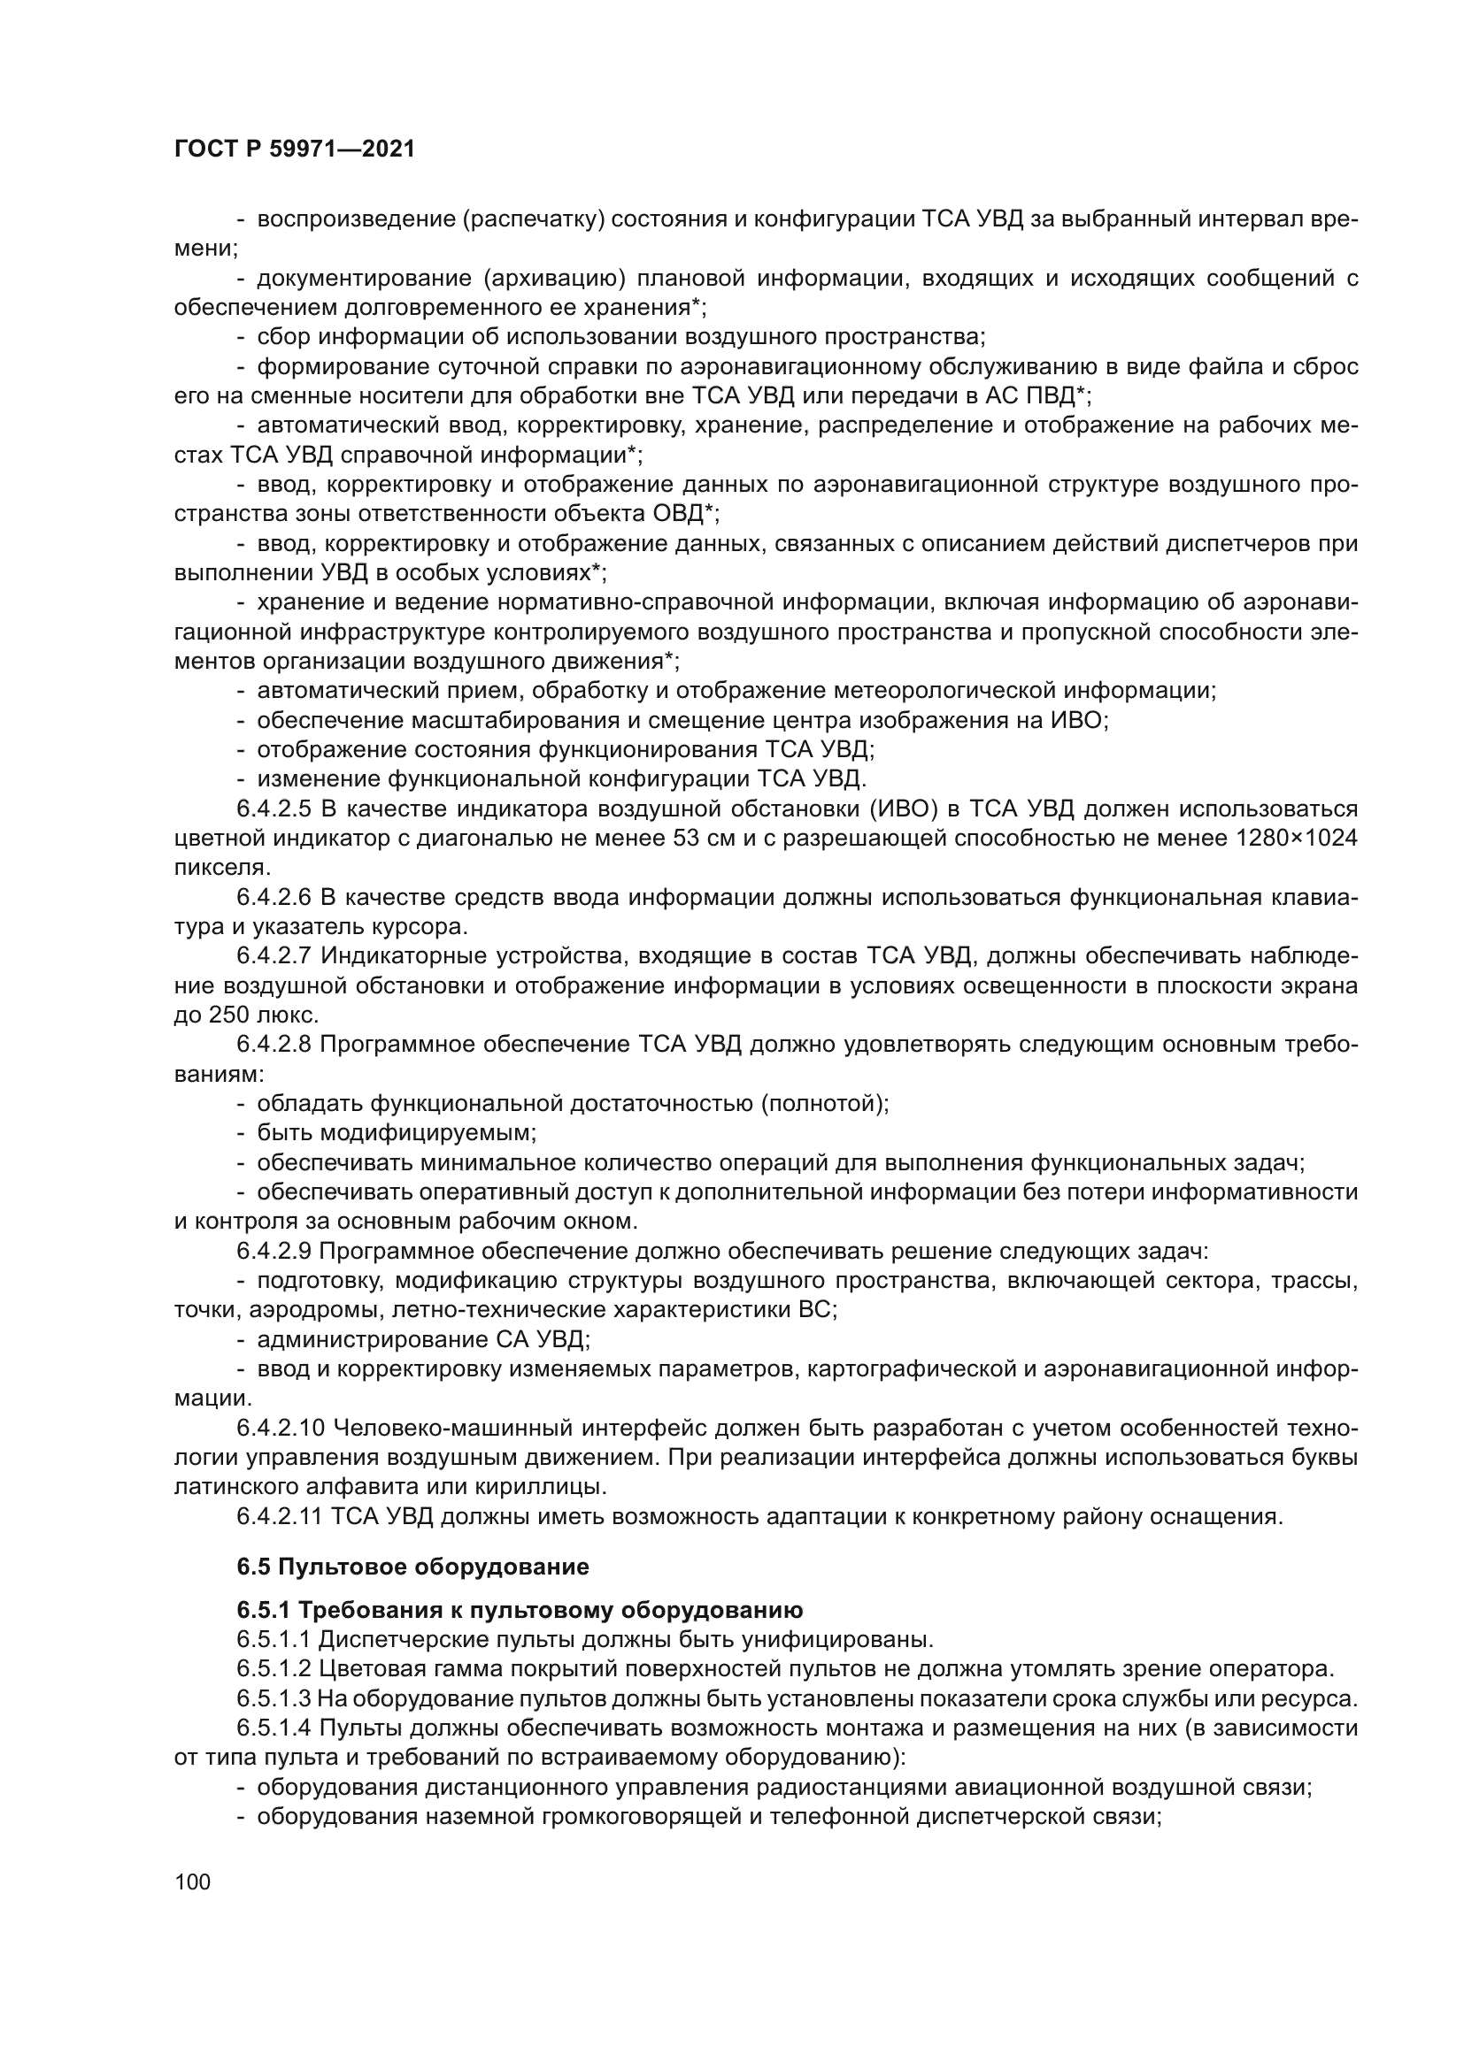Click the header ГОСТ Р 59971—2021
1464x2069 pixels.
pos(294,149)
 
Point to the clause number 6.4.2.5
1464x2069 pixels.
pos(274,808)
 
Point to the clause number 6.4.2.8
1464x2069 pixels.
pos(274,1045)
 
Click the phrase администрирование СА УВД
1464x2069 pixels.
pos(424,1339)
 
